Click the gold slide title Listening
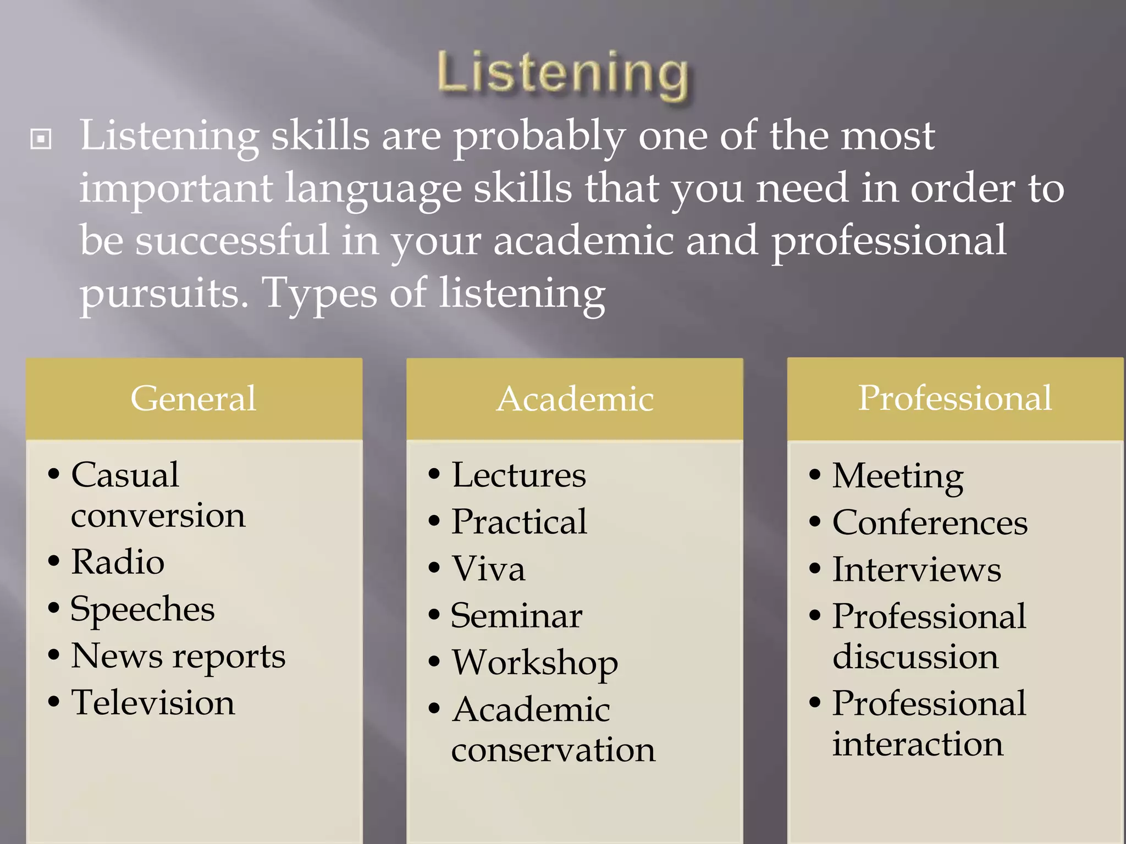point(562,74)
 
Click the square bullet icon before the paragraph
point(41,139)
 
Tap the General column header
point(194,398)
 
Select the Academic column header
point(575,399)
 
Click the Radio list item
point(118,562)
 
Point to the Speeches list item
point(142,609)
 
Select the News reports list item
point(178,656)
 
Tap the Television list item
point(153,703)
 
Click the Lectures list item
point(518,475)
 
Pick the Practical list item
point(519,522)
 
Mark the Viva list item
point(488,569)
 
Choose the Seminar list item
point(516,616)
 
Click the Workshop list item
point(534,663)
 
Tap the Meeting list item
point(897,476)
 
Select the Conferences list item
point(930,523)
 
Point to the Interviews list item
point(917,569)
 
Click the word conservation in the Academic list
point(553,750)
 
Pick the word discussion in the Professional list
point(915,657)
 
